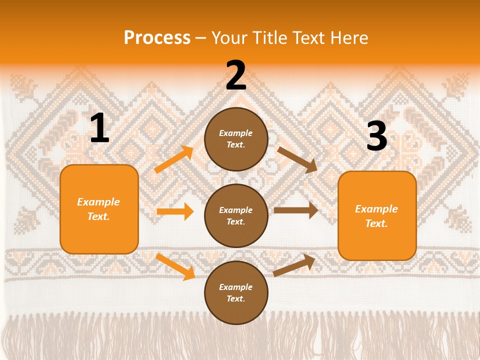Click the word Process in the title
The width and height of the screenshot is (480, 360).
pos(157,37)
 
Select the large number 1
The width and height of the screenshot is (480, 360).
pos(99,128)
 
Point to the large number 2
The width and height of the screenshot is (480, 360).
pos(236,75)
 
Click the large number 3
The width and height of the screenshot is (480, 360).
pos(376,136)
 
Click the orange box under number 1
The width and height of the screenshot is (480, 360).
pos(99,209)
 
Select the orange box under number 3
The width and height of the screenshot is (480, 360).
pos(377,215)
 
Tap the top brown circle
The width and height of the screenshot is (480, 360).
pos(236,139)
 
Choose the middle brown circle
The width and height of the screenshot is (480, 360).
pos(236,215)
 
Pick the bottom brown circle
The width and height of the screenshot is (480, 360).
pos(236,292)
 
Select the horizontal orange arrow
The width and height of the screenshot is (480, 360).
pos(175,211)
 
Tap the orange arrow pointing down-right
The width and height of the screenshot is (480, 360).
pos(175,266)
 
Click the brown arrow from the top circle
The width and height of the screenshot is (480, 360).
pos(297,159)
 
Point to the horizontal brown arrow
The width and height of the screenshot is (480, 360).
pos(296,210)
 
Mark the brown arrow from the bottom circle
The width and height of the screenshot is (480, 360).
pos(294,265)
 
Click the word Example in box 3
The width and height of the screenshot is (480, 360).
pos(376,209)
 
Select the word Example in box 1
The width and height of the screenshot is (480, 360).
pos(98,202)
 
